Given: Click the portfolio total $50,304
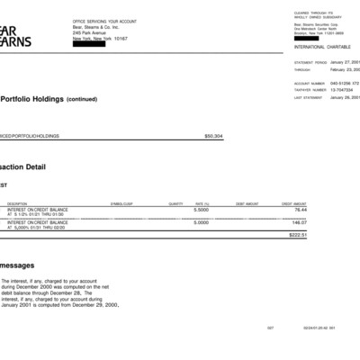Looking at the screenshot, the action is (x=213, y=136).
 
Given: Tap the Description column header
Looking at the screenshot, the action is (x=18, y=203).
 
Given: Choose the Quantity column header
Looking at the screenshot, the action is (x=175, y=203).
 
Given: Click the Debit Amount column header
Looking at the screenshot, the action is (x=247, y=203).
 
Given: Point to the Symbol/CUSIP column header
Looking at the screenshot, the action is (x=121, y=203).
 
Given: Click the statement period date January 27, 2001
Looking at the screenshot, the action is (x=345, y=63).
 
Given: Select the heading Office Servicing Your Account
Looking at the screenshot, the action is (x=104, y=21).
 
